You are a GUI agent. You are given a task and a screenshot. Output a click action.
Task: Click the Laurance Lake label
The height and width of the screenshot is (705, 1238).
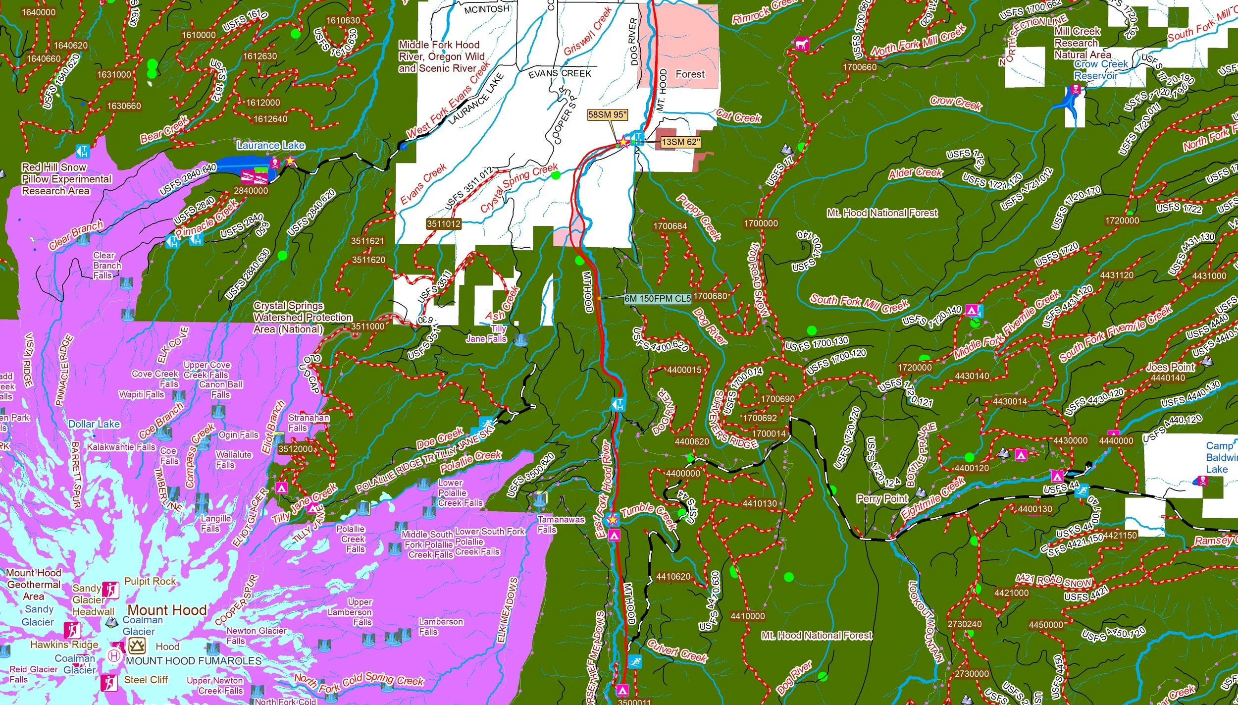click(x=270, y=145)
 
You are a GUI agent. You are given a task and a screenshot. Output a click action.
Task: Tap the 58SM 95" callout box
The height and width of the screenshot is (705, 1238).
click(x=607, y=115)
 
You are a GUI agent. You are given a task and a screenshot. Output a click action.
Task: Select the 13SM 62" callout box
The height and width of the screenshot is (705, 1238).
click(x=681, y=142)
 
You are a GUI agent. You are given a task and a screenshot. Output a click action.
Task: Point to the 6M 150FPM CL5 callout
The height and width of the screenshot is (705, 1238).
click(x=658, y=298)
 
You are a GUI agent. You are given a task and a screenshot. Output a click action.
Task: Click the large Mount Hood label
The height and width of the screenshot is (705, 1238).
click(x=167, y=610)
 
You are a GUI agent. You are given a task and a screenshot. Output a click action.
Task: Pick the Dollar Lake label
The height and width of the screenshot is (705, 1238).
click(x=94, y=424)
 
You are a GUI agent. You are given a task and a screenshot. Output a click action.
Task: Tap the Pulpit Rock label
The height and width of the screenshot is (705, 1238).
click(x=150, y=581)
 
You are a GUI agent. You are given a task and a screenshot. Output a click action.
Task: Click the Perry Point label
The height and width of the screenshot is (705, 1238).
click(x=882, y=498)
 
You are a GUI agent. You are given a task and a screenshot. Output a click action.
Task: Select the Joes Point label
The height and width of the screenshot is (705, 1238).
click(x=1170, y=367)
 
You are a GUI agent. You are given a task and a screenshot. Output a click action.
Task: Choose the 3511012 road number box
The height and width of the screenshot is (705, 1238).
click(x=444, y=224)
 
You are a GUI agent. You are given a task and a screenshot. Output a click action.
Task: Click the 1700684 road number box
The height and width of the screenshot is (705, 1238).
click(x=670, y=226)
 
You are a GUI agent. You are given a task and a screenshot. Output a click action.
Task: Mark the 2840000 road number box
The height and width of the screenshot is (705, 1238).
click(x=251, y=191)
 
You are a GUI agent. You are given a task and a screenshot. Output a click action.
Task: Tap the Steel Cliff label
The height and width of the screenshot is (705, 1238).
click(x=146, y=680)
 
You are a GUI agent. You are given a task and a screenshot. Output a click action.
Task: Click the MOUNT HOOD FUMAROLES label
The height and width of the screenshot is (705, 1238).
click(x=194, y=661)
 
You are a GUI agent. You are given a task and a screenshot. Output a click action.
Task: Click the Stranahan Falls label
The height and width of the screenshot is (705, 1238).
click(x=309, y=423)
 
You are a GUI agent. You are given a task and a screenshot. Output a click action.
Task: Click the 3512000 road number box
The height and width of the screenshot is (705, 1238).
click(x=295, y=449)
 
